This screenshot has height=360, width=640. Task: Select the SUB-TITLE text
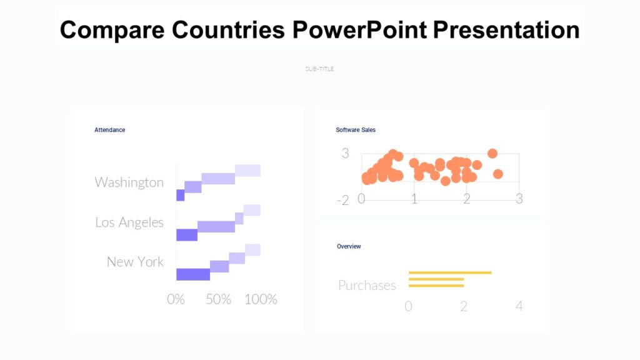[319, 69]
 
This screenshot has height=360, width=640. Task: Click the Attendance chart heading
[109, 130]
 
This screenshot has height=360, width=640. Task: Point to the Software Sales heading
[356, 130]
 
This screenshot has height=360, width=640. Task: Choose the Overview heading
[349, 246]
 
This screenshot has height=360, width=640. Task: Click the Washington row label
[129, 182]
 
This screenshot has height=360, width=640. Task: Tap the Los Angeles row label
[129, 222]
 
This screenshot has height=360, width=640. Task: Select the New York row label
[135, 261]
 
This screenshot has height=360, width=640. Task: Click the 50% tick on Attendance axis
[219, 299]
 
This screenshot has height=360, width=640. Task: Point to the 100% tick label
[261, 299]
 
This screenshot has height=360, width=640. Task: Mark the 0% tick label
[176, 299]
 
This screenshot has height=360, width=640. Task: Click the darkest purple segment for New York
[193, 274]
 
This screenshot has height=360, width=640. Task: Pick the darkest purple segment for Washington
[180, 196]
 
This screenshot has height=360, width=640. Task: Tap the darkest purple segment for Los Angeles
[187, 235]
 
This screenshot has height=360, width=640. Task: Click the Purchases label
[367, 285]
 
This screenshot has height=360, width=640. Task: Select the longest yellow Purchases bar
[450, 272]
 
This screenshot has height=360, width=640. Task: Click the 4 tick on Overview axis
[519, 306]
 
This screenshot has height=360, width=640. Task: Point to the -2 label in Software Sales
[342, 200]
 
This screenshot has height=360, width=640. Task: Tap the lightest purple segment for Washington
[247, 171]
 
